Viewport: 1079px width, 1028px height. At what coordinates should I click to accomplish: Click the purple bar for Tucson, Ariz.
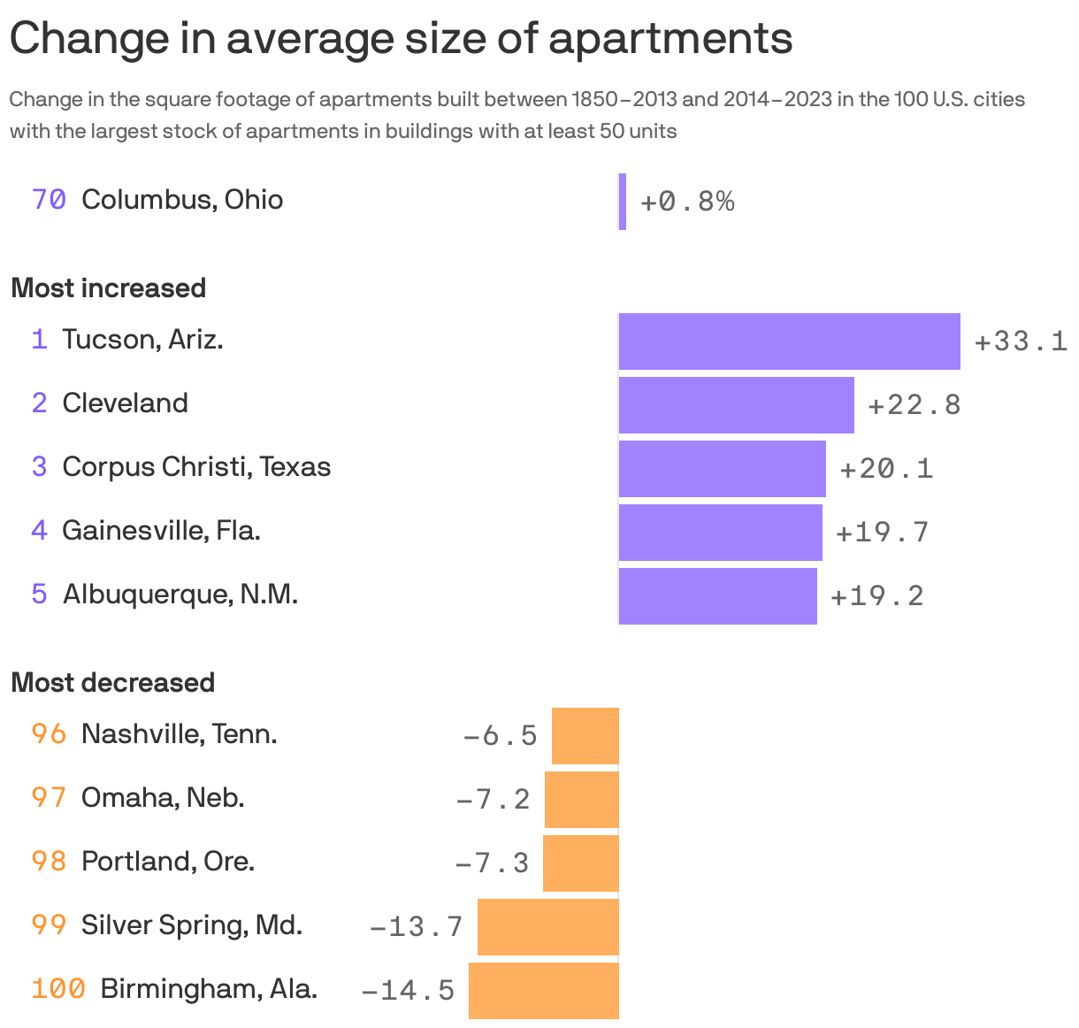click(x=789, y=341)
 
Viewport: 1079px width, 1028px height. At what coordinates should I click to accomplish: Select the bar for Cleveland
click(x=736, y=405)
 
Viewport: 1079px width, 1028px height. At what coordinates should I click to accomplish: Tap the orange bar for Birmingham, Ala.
click(x=544, y=991)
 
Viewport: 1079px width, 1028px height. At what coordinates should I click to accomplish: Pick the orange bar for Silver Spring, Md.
click(x=548, y=927)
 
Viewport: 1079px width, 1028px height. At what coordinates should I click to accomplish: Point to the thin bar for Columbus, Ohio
click(x=623, y=202)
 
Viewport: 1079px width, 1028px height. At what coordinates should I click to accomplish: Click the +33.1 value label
click(x=1021, y=341)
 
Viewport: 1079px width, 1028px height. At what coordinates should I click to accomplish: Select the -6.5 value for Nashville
click(x=500, y=736)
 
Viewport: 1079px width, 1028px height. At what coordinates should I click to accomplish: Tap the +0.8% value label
click(x=687, y=203)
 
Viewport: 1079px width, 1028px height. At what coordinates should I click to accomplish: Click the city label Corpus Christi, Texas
click(x=196, y=467)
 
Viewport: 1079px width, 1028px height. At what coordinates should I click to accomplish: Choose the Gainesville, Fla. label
click(x=161, y=531)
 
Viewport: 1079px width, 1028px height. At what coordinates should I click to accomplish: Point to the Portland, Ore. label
click(x=168, y=862)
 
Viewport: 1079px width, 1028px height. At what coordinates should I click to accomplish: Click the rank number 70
click(x=49, y=200)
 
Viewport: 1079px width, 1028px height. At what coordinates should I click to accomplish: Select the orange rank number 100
click(x=58, y=989)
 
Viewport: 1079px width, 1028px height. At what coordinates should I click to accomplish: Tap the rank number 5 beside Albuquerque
click(x=39, y=594)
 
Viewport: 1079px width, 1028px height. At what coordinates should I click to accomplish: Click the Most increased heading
click(x=109, y=288)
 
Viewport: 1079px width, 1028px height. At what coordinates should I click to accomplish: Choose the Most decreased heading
click(x=113, y=683)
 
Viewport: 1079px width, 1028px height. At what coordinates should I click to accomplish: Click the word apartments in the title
click(x=670, y=39)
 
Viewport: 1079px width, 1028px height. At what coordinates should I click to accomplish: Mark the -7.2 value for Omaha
click(x=493, y=800)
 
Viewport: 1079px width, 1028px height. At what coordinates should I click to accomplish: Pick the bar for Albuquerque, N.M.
click(x=717, y=596)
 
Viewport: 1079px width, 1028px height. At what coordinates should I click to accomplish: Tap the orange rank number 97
click(x=49, y=798)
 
